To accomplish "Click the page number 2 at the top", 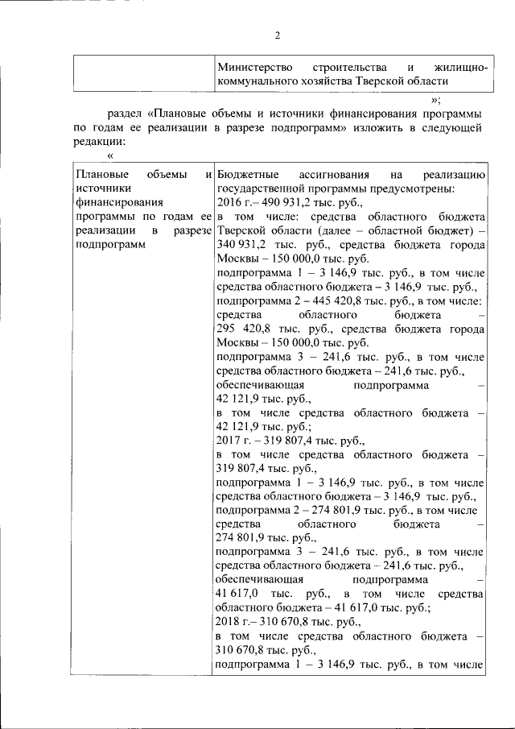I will pos(276,35).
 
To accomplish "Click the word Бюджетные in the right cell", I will pos(247,174).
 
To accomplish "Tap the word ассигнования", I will pos(334,174).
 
